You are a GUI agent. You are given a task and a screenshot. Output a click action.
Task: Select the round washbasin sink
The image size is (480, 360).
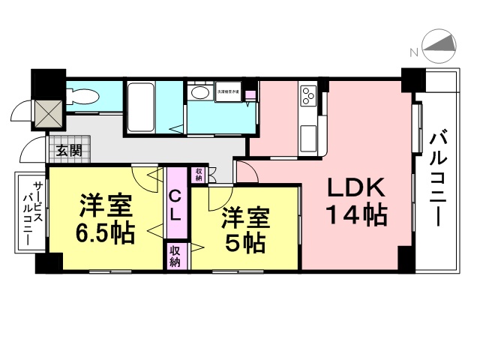coord(200,92)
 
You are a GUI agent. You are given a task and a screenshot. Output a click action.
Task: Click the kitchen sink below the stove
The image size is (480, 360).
coord(308,137)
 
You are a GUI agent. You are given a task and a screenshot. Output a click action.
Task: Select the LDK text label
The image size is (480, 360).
coord(355,187)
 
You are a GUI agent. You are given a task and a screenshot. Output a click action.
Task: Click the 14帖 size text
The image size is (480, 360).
coord(355,215)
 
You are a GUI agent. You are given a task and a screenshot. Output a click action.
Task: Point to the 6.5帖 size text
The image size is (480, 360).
coord(104,231)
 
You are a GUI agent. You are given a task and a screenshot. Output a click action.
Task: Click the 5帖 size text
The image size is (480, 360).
coord(243,242)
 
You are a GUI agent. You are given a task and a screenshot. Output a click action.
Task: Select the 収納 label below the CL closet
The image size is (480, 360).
coord(175,256)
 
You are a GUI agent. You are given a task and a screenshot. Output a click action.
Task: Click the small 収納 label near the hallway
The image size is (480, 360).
coord(199,175)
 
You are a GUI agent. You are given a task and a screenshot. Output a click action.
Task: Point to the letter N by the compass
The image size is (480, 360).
coord(413,51)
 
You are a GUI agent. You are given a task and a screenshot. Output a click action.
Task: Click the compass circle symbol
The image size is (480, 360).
coord(440,46)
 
